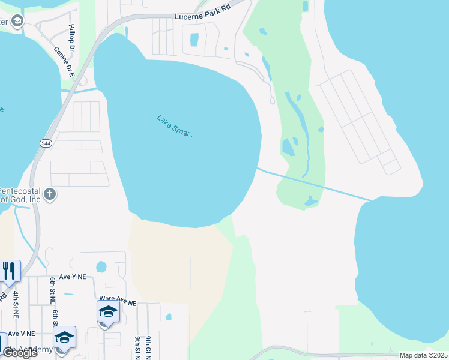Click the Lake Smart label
[x=175, y=126]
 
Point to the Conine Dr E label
[x=62, y=62]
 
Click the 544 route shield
[x=46, y=143]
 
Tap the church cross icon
[x=50, y=194]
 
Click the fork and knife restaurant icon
[x=8, y=271]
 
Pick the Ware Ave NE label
[x=118, y=298]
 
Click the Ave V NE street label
[x=22, y=334]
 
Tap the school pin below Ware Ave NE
[x=108, y=312]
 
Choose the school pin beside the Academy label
[x=64, y=338]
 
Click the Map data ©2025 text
[x=423, y=355]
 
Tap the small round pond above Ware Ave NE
[x=101, y=266]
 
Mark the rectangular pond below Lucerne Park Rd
[x=194, y=40]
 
